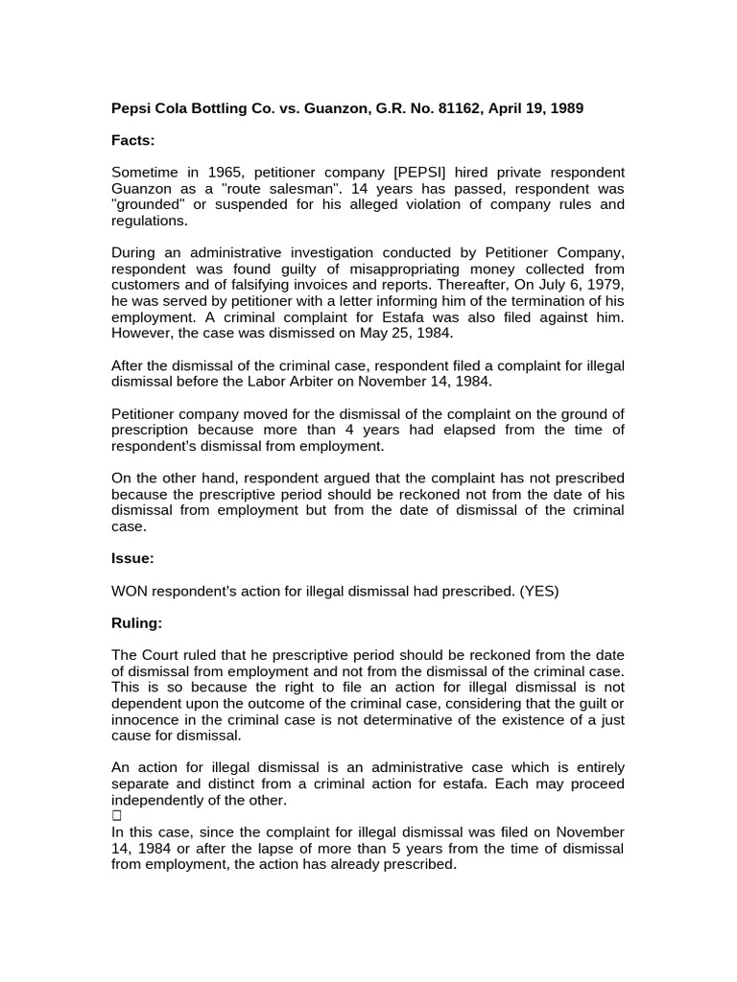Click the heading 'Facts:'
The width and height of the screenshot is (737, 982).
(x=132, y=140)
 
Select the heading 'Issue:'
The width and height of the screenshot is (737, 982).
(x=132, y=558)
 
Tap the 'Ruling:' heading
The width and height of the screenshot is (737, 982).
(x=137, y=623)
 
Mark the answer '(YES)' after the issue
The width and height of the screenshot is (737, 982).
(x=539, y=592)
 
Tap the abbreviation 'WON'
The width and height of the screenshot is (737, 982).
(x=129, y=592)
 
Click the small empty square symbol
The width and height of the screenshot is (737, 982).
(x=116, y=816)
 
